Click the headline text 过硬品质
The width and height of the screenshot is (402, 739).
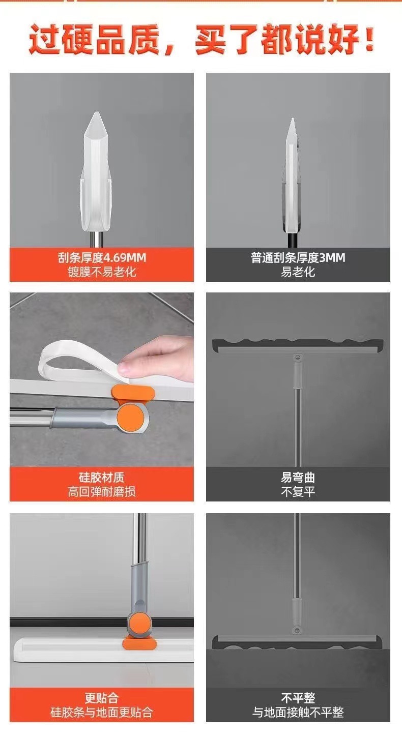95,41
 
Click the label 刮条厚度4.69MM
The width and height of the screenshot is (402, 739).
102,258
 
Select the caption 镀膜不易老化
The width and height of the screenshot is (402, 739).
102,272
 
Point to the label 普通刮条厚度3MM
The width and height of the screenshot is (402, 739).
298,258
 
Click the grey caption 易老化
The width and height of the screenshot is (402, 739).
298,272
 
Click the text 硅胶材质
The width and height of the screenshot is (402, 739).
102,478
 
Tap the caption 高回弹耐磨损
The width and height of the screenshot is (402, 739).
102,492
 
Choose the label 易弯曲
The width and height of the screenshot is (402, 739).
298,478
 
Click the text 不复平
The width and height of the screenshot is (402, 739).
298,492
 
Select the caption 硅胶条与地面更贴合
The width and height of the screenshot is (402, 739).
102,713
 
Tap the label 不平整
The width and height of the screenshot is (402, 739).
298,698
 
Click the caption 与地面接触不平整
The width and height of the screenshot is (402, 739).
298,713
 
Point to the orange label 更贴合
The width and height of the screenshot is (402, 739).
102,698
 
